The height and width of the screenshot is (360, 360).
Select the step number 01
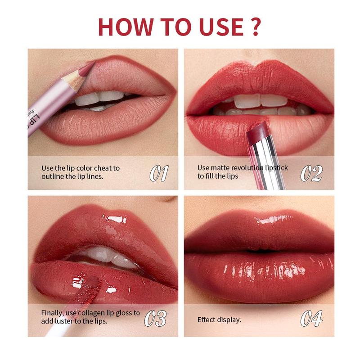pyautogui.click(x=158, y=173)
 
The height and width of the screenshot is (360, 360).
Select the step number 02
pyautogui.click(x=311, y=173)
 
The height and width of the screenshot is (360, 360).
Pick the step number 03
pyautogui.click(x=156, y=318)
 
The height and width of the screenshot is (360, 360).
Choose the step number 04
pyautogui.click(x=311, y=318)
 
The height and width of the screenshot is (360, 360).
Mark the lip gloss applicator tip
pyautogui.click(x=92, y=283)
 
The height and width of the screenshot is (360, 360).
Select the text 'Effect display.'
pyautogui.click(x=219, y=320)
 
